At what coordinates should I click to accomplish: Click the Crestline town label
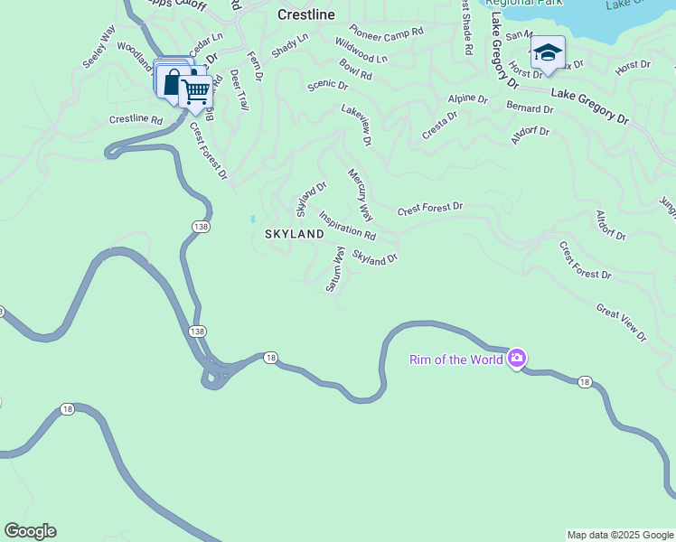[305, 15]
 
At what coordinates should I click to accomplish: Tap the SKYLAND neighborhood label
[294, 234]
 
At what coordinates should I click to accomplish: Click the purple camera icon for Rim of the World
[517, 359]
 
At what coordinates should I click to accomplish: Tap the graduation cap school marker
[548, 51]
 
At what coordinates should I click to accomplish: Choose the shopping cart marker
[196, 90]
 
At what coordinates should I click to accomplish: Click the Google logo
[30, 531]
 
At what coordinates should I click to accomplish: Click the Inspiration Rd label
[346, 227]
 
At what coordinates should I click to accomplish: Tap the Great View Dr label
[621, 322]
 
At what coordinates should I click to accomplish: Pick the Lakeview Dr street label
[356, 124]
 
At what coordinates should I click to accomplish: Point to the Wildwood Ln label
[361, 51]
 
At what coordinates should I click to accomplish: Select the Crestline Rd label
[136, 119]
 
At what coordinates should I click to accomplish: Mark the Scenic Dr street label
[327, 85]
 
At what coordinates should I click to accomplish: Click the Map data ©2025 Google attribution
[620, 535]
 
